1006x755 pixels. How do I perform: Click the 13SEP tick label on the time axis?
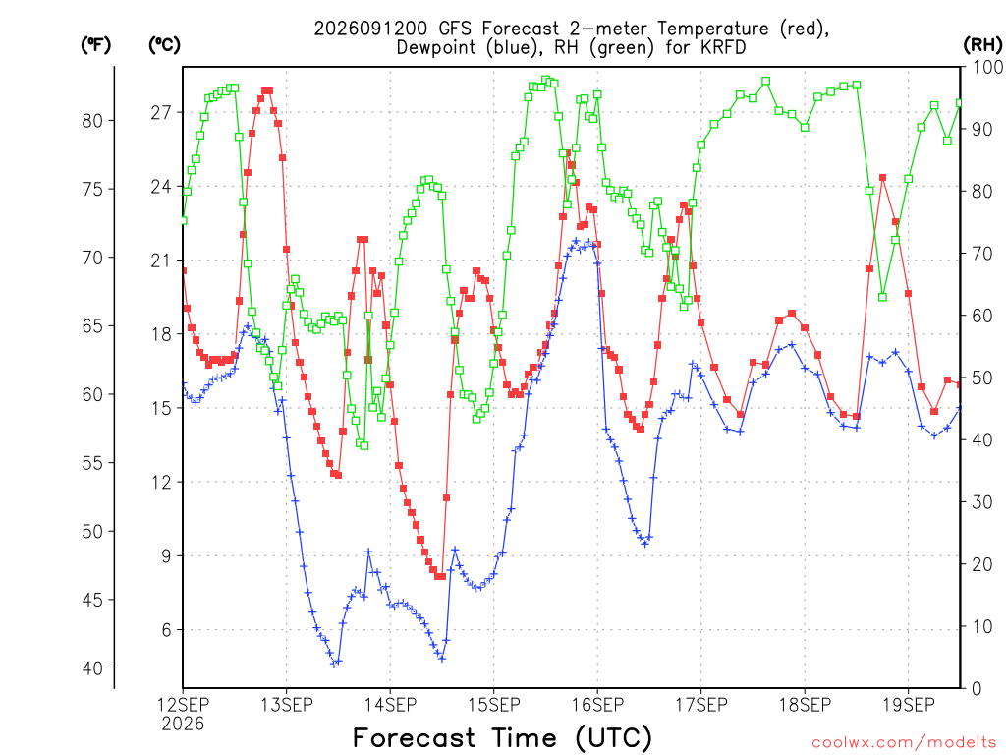[286, 705]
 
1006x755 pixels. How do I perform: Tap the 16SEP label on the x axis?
[597, 705]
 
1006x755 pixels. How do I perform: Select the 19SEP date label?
[909, 705]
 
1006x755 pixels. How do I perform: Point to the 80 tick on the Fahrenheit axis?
[92, 121]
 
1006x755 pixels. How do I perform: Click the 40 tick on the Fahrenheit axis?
[92, 668]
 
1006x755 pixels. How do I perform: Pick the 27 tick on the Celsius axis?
[162, 113]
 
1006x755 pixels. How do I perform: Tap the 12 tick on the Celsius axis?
[162, 482]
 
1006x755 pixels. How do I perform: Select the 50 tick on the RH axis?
[982, 378]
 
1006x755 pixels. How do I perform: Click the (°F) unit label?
[95, 45]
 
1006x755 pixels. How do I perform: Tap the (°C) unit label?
[164, 45]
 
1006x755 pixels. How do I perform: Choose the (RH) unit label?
[982, 45]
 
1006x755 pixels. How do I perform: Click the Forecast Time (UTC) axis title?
[502, 738]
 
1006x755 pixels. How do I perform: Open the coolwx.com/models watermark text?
[904, 743]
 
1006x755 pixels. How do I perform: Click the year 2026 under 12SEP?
[183, 725]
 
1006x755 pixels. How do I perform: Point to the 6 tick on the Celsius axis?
[167, 630]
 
